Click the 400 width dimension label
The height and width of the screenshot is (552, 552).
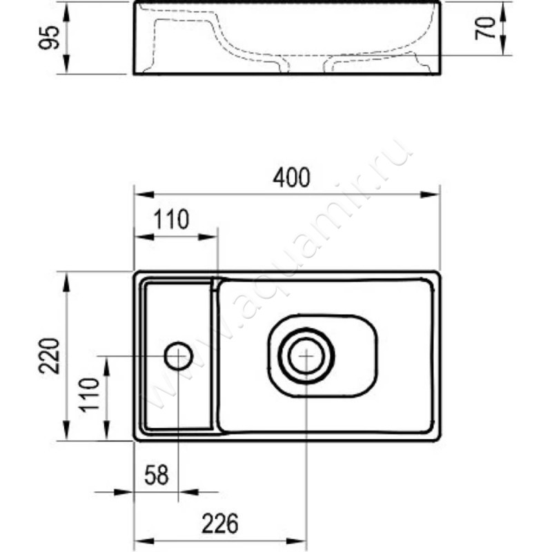(291, 178)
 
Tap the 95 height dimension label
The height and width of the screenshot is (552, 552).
(49, 37)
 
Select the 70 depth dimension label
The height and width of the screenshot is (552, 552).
(485, 28)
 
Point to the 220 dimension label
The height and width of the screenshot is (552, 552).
(48, 355)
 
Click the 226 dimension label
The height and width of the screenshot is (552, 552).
(220, 524)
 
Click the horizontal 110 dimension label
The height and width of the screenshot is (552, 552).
(171, 219)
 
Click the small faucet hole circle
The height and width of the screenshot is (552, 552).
(179, 356)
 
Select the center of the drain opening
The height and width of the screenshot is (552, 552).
(306, 356)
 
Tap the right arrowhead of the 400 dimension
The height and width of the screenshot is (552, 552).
(429, 195)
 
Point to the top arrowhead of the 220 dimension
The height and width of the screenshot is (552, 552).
(66, 282)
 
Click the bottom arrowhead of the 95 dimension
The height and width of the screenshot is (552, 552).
(66, 64)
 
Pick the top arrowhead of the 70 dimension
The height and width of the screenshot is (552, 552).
(503, 11)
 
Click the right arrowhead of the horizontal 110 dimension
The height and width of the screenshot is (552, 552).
(208, 237)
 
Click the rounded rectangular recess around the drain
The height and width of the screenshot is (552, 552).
(322, 315)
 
